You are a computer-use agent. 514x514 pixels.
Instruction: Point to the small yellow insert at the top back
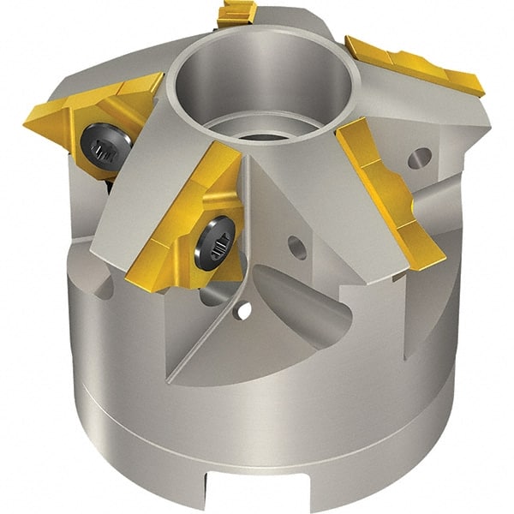[x=238, y=13]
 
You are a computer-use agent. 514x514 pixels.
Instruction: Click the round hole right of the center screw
[x=296, y=246]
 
